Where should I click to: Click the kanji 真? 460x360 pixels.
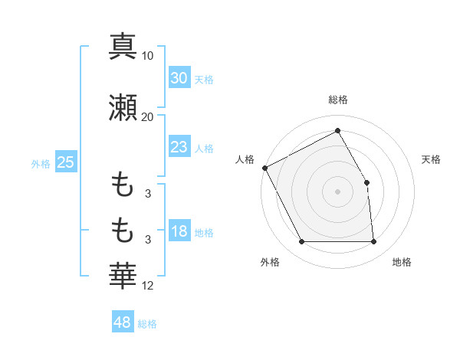pyautogui.click(x=123, y=46)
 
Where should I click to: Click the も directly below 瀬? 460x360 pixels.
pyautogui.click(x=123, y=184)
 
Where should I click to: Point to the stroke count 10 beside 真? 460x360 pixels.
pyautogui.click(x=148, y=56)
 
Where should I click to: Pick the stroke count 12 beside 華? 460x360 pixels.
pyautogui.click(x=148, y=286)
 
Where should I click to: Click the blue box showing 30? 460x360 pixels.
pyautogui.click(x=179, y=78)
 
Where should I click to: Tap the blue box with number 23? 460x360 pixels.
pyautogui.click(x=179, y=147)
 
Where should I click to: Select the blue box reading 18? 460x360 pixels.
pyautogui.click(x=179, y=232)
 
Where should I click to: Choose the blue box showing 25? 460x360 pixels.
pyautogui.click(x=65, y=162)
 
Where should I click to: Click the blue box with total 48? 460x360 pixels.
pyautogui.click(x=123, y=322)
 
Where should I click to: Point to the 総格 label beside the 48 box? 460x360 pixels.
pyautogui.click(x=147, y=324)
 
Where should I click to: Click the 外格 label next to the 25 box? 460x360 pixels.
pyautogui.click(x=41, y=163)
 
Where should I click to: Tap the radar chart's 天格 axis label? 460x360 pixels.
pyautogui.click(x=431, y=159)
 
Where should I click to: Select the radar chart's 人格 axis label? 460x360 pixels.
pyautogui.click(x=245, y=159)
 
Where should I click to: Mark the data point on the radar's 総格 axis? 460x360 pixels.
pyautogui.click(x=337, y=131)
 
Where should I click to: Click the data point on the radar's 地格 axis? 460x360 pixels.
pyautogui.click(x=374, y=242)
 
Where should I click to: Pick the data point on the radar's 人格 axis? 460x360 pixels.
pyautogui.click(x=264, y=168)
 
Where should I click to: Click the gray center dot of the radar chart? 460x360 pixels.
pyautogui.click(x=337, y=191)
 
